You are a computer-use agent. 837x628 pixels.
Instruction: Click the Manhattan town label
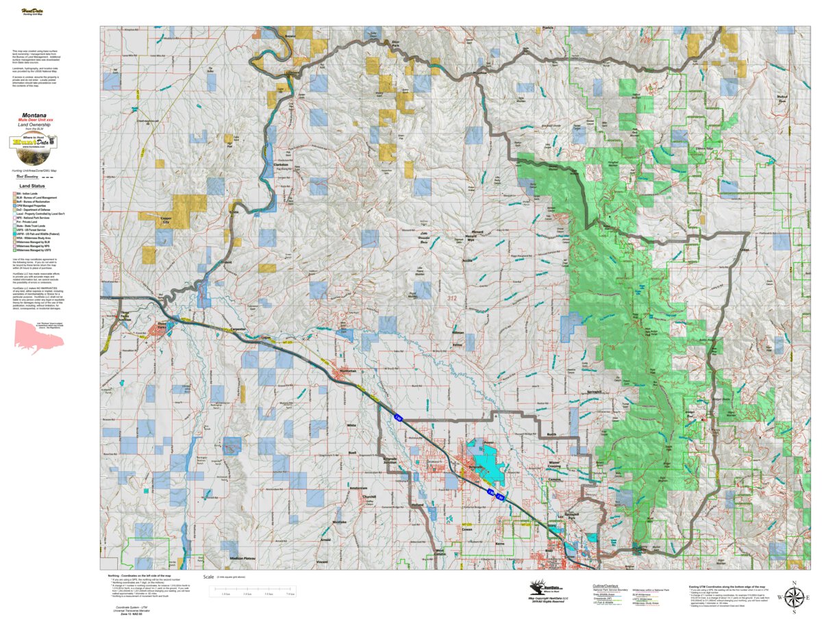[x=349, y=370]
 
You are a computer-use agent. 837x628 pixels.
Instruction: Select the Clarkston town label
[x=281, y=165]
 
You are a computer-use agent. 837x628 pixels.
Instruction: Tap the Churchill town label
[x=369, y=497]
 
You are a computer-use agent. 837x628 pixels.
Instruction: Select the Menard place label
[x=477, y=231]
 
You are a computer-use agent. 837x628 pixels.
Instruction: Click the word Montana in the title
[x=34, y=115]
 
